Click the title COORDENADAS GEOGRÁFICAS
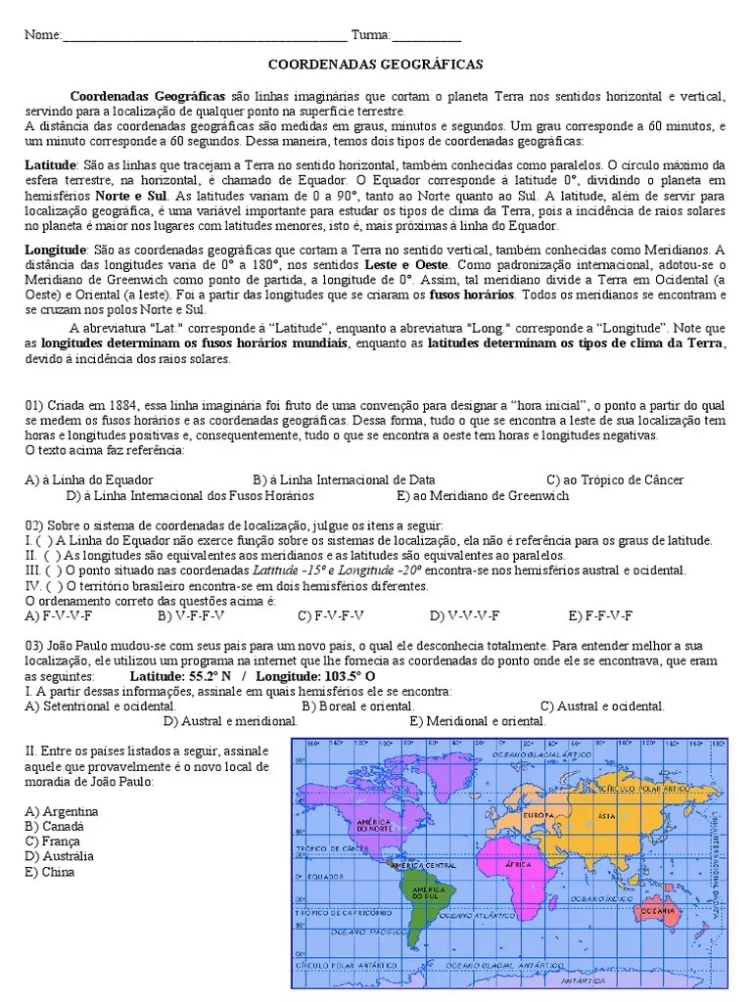point(376,64)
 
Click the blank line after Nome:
point(204,37)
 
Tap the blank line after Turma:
point(427,37)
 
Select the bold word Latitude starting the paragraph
point(49,165)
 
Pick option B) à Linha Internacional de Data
point(344,479)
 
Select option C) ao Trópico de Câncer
point(615,479)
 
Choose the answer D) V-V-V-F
point(464,615)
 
